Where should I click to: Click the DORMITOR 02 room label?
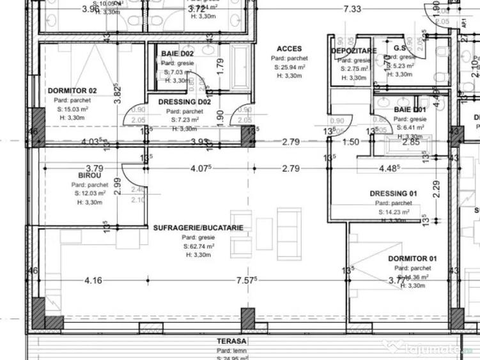point(72,91)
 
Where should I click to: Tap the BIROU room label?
point(89,175)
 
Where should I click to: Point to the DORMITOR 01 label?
point(412,258)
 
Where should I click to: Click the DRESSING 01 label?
point(393,194)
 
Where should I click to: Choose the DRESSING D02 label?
point(185,102)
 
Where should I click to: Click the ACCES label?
point(289,49)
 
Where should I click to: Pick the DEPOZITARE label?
point(353,51)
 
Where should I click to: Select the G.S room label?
point(401,48)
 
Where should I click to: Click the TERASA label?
point(231,341)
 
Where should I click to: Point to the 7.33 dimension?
point(352,9)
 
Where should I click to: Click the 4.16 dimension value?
point(93,280)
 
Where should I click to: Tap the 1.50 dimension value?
point(350,142)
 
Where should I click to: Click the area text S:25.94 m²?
point(289,67)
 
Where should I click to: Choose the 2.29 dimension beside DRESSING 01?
point(435,190)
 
